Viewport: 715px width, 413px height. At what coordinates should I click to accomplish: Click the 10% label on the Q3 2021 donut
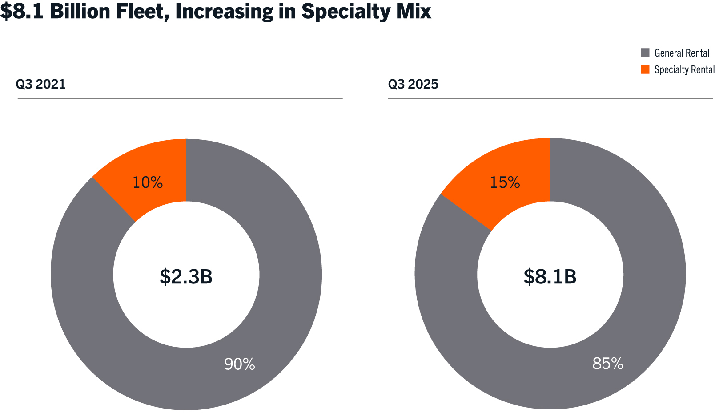click(148, 182)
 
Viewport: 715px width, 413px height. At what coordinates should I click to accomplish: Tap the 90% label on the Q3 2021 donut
click(240, 364)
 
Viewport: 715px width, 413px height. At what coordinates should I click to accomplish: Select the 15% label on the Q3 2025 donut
click(505, 182)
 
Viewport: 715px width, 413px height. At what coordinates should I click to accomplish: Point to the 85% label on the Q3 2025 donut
click(607, 364)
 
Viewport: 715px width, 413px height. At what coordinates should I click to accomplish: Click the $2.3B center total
click(186, 276)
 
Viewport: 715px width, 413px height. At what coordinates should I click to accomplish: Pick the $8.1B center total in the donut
click(550, 276)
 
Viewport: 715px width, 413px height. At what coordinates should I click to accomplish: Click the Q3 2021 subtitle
click(41, 84)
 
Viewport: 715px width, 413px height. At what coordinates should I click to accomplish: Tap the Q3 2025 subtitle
click(413, 84)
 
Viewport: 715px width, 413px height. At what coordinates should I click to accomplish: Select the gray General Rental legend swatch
click(645, 53)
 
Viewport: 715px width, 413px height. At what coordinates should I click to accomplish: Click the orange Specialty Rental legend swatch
click(645, 69)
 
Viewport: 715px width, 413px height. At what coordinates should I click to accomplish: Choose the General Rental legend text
click(682, 53)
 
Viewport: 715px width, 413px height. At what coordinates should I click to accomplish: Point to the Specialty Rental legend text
click(684, 70)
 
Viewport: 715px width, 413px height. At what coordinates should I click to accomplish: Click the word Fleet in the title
click(143, 11)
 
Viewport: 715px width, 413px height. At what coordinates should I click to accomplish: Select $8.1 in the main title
click(22, 11)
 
